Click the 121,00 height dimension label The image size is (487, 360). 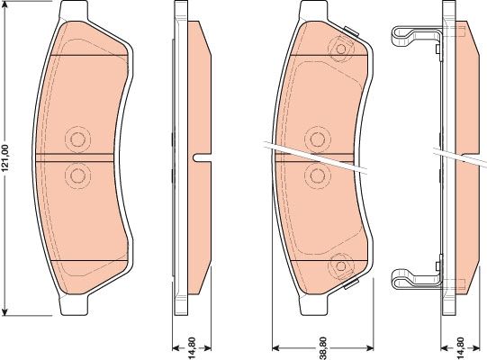pyautogui.click(x=7, y=159)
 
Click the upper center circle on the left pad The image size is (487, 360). pyautogui.click(x=77, y=139)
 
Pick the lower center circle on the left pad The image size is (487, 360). pyautogui.click(x=77, y=174)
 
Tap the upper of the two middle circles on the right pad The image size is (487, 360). pyautogui.click(x=317, y=139)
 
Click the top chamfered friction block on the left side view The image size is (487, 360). pyautogui.click(x=200, y=82)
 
